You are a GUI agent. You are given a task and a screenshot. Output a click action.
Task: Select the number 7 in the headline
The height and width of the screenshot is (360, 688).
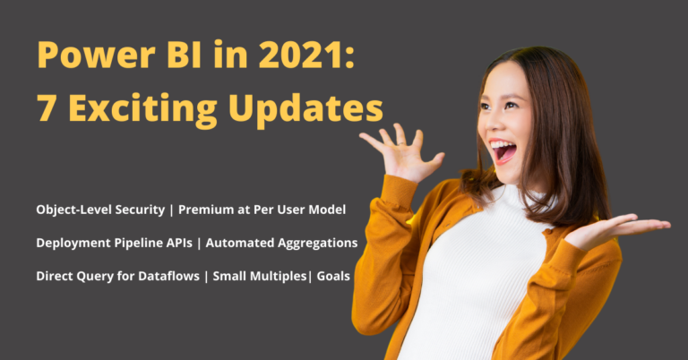[47, 108]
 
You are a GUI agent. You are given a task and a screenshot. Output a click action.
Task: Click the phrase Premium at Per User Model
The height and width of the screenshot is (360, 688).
[262, 210]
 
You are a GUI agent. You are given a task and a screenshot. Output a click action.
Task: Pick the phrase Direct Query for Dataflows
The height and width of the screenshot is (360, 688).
[117, 276]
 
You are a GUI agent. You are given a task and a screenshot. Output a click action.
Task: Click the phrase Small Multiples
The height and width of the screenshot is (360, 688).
[260, 276]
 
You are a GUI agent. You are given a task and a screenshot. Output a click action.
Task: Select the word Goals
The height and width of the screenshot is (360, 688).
[333, 276]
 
